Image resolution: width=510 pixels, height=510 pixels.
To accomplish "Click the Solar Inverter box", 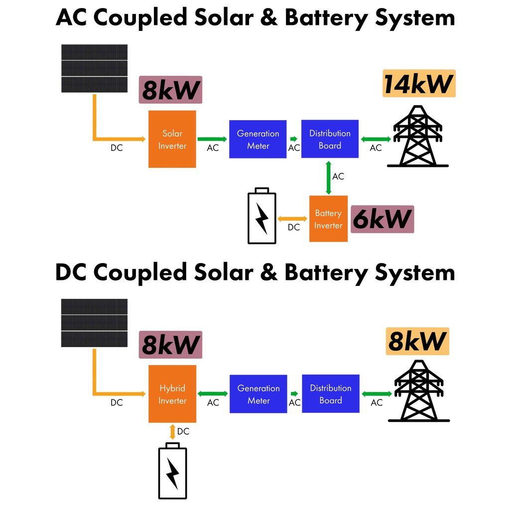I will pos(172,139).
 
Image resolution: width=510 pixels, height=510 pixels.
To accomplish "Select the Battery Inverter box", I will pos(328,219).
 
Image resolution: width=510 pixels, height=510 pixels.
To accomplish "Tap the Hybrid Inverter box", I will pos(172,394).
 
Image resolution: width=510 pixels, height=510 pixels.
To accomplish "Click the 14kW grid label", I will pos(418,84).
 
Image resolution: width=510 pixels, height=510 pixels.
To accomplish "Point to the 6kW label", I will pos(382,219).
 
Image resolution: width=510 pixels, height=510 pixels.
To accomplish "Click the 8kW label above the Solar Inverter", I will pos(170,90).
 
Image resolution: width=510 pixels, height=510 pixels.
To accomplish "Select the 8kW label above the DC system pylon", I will pos(417,341).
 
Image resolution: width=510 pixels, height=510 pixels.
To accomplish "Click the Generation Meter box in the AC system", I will pos(257,139).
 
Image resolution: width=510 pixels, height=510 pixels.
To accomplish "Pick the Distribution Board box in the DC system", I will pos(331,394).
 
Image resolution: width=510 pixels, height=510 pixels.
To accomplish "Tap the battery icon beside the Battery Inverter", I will pos(262,216).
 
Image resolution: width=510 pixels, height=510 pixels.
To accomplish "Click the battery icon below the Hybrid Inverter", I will pos(172,471).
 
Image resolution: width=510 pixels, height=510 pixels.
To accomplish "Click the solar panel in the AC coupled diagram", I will pos(94,68).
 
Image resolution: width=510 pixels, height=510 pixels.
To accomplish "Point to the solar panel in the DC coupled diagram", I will pos(94,323).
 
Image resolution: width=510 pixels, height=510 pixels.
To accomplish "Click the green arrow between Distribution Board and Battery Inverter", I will pos(328,177).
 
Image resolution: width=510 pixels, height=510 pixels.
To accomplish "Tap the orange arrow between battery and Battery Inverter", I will pos(293,219).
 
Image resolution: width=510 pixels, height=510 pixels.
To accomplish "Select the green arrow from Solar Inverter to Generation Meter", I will pos(212,139).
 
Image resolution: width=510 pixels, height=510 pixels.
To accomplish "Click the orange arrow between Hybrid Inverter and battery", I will pos(172,431).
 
